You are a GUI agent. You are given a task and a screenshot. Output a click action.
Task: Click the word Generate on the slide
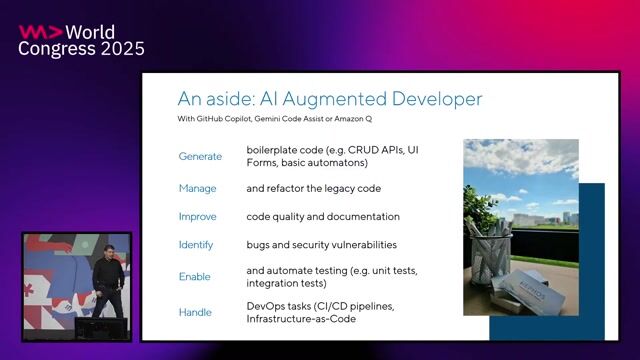pos(200,157)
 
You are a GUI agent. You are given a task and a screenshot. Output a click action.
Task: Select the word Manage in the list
pos(197,188)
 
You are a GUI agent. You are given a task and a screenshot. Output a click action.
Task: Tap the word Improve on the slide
pos(197,216)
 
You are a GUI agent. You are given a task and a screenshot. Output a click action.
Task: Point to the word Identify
pos(195,245)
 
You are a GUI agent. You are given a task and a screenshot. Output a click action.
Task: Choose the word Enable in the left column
pos(194,277)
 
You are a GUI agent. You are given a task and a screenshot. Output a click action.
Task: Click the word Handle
pos(195,312)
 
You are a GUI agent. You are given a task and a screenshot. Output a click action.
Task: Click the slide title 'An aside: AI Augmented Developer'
pos(330,99)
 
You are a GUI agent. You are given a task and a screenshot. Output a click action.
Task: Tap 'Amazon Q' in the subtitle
pos(370,122)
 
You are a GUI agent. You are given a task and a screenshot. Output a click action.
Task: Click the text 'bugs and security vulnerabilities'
pos(321,245)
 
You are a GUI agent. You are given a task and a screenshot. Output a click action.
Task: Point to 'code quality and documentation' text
pos(322,216)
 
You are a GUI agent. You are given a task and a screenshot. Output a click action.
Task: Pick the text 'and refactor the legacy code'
pos(313,188)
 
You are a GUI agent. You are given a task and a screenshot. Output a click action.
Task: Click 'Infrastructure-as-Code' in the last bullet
pos(300,319)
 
